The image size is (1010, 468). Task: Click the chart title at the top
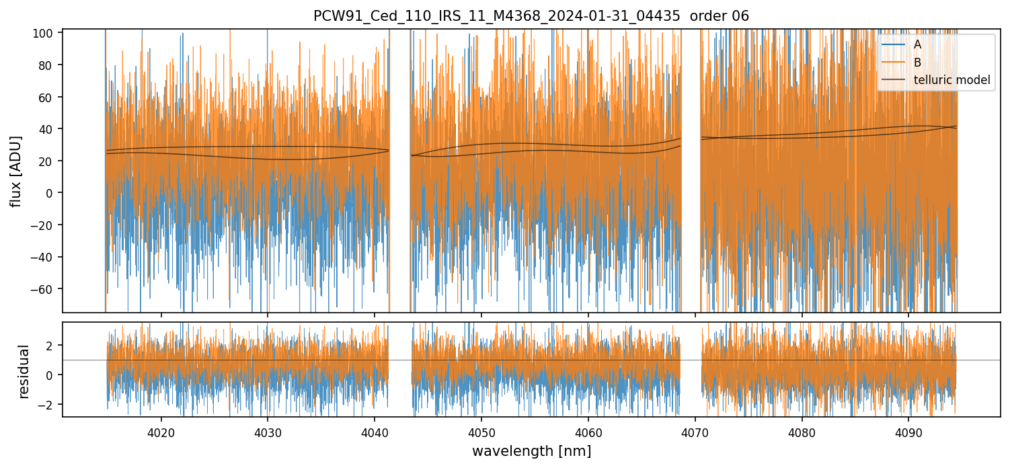[531, 16]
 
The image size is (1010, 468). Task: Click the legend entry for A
[917, 44]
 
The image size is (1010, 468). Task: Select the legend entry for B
[917, 63]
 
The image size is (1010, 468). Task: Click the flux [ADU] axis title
[15, 171]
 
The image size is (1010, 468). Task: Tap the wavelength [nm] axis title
[531, 451]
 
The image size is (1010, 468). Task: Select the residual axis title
[24, 371]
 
